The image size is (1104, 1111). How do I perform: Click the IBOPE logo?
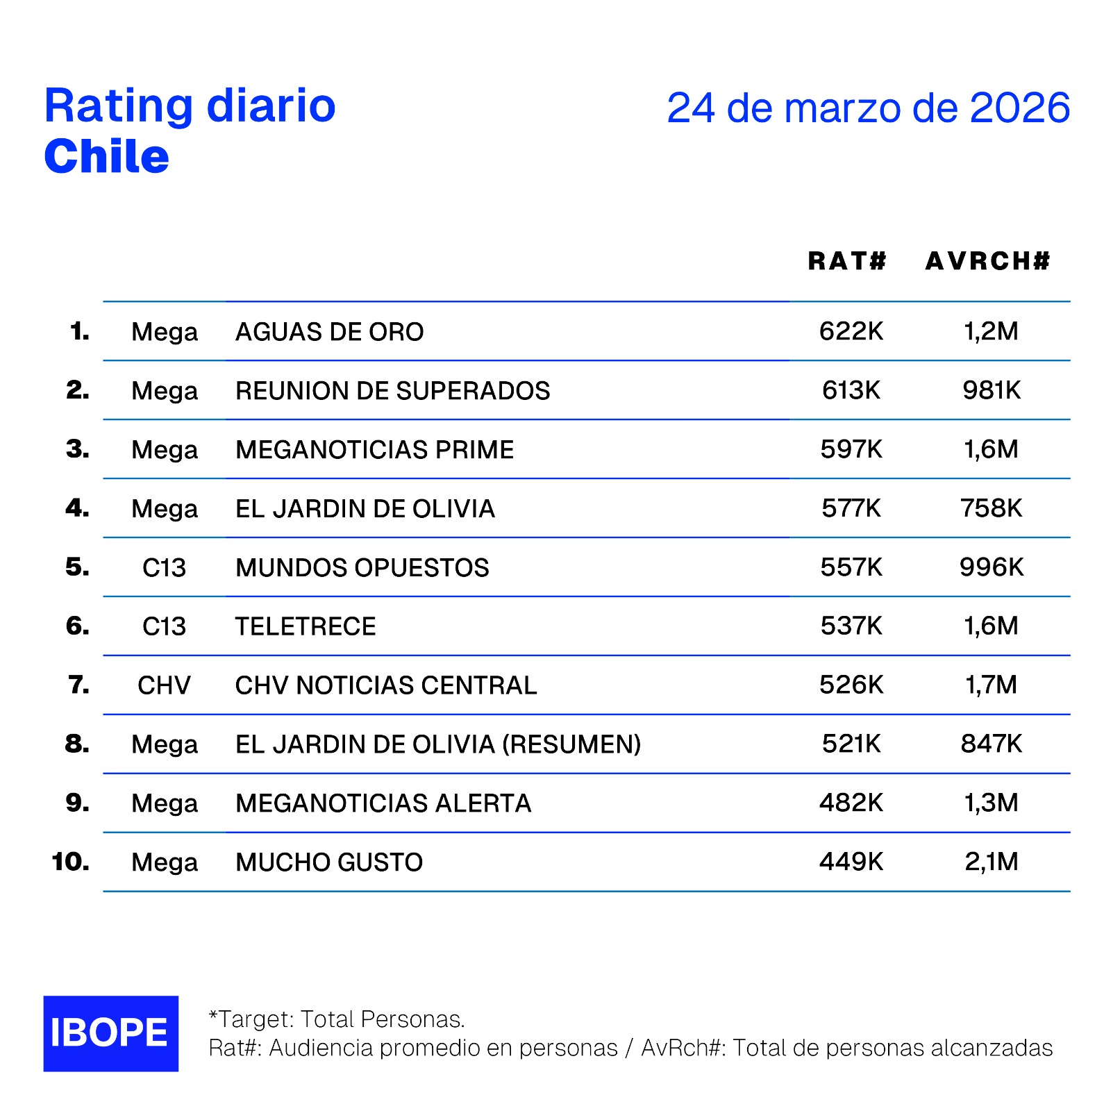[110, 1033]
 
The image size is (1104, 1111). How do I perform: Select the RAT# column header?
[847, 261]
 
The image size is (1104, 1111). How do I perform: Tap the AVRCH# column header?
[987, 261]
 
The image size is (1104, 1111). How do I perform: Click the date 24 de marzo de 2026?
[868, 108]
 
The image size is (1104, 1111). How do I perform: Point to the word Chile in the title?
[106, 156]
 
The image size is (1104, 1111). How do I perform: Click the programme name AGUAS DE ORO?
[329, 332]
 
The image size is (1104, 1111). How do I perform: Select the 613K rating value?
[851, 390]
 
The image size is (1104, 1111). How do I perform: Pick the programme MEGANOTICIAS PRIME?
[374, 450]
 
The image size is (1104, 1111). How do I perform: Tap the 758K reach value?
[991, 508]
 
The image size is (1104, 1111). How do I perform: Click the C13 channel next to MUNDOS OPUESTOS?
[164, 568]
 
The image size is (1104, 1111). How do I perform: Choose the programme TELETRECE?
[306, 626]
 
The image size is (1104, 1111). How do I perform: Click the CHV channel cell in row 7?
[164, 685]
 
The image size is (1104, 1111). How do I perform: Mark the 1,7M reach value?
[991, 685]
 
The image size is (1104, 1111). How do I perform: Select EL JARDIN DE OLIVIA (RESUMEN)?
[437, 744]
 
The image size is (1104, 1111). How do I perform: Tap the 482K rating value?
[851, 803]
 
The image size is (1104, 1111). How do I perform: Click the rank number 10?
[70, 862]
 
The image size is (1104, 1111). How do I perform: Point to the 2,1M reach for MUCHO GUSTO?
[991, 862]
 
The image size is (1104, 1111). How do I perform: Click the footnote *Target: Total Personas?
[337, 1019]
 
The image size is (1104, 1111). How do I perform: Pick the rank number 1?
[79, 331]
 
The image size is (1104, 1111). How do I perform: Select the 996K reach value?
[991, 567]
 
